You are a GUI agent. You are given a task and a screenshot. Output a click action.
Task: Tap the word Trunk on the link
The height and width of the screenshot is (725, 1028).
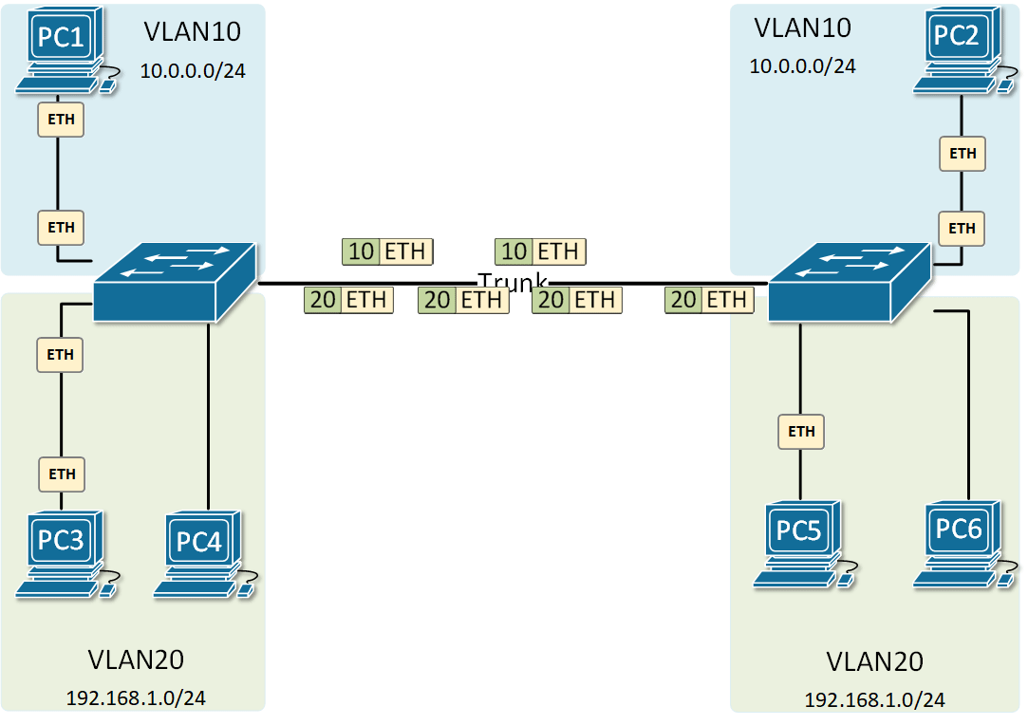point(513,282)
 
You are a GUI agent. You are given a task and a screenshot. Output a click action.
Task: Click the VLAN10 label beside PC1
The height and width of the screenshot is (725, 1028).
point(193,31)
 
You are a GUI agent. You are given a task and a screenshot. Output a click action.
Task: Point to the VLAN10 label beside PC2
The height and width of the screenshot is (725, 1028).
point(802,28)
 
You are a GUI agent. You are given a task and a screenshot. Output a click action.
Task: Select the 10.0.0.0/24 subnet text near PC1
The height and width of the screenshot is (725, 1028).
point(193,70)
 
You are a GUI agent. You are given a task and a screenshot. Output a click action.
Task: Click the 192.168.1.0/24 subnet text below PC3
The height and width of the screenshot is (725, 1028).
point(136,697)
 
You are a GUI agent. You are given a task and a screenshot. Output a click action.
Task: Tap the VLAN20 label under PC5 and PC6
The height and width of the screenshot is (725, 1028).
point(874,661)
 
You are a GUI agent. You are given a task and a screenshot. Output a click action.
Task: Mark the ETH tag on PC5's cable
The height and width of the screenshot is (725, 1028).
point(801,431)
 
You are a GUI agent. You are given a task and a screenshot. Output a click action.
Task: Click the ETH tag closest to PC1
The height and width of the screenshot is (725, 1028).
point(61,121)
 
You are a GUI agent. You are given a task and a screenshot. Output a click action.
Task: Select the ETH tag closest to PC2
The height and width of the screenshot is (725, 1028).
point(963,153)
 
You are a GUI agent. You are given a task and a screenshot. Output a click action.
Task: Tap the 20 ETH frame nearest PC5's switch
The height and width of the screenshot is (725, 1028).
point(709,301)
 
